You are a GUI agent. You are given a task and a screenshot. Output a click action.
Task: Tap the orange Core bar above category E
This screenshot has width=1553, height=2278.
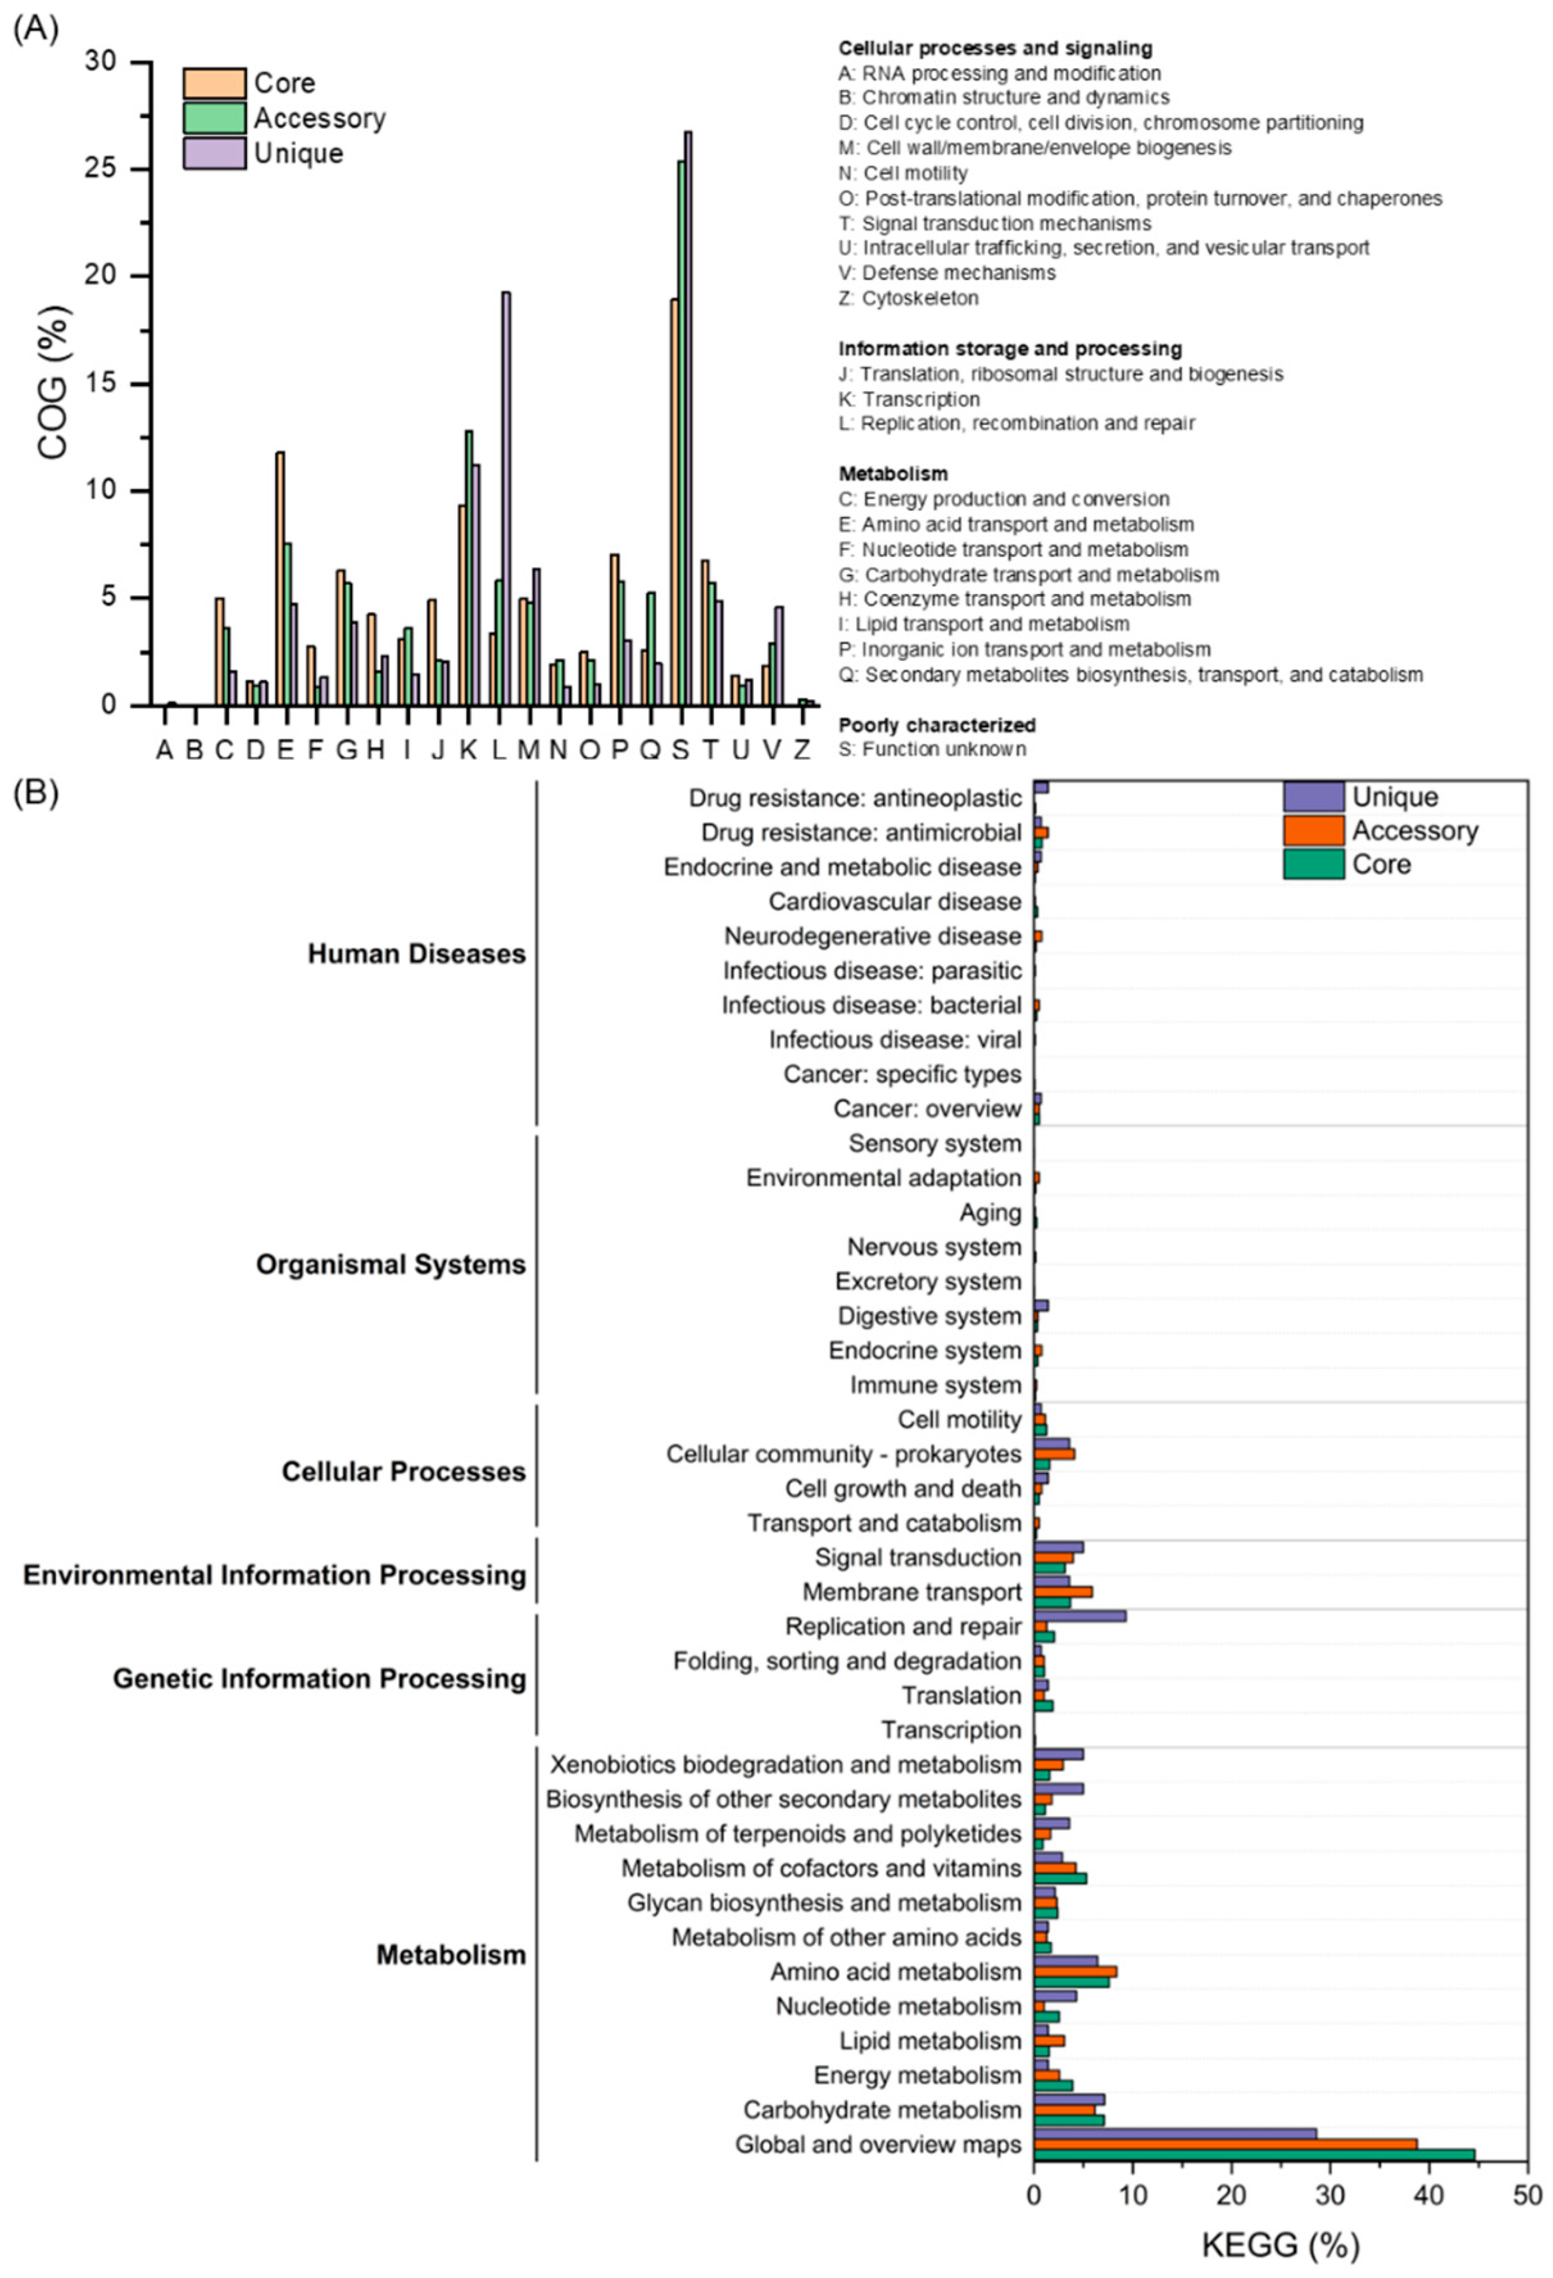click(280, 578)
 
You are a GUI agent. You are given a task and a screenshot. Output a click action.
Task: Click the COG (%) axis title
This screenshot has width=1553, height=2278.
click(54, 384)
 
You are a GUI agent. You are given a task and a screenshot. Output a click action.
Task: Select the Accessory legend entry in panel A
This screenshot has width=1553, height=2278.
click(319, 119)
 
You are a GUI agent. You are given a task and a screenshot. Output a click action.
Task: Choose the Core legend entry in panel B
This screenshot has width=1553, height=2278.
click(1382, 865)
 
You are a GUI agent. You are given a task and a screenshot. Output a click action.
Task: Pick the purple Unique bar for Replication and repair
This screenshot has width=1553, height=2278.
click(1080, 1616)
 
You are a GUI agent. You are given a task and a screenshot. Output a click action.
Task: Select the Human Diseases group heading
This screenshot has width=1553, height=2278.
click(416, 954)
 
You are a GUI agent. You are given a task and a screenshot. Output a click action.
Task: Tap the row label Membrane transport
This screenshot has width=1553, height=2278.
click(911, 1592)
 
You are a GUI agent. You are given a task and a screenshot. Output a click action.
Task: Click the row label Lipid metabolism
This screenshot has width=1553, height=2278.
click(930, 2041)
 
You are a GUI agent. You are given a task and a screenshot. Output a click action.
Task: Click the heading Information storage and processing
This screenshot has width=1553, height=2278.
click(1009, 349)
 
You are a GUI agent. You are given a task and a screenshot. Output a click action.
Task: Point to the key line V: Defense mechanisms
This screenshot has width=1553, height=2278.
click(946, 273)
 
